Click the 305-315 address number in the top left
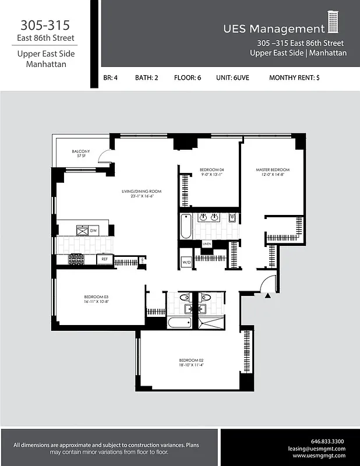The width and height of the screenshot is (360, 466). [45, 25]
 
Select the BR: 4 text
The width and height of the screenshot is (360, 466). [111, 77]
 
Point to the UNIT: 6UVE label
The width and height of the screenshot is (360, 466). [232, 77]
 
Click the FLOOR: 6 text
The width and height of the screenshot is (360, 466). [187, 77]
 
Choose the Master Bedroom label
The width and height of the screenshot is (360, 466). [272, 170]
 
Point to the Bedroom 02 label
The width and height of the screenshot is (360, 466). [190, 361]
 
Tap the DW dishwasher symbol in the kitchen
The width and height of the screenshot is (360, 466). [93, 231]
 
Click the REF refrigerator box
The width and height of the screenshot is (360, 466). [105, 258]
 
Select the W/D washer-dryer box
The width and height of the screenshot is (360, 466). [186, 262]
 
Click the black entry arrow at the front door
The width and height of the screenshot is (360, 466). [267, 296]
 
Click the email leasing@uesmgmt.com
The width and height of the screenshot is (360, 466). [316, 449]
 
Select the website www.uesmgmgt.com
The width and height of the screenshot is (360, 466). [319, 456]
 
